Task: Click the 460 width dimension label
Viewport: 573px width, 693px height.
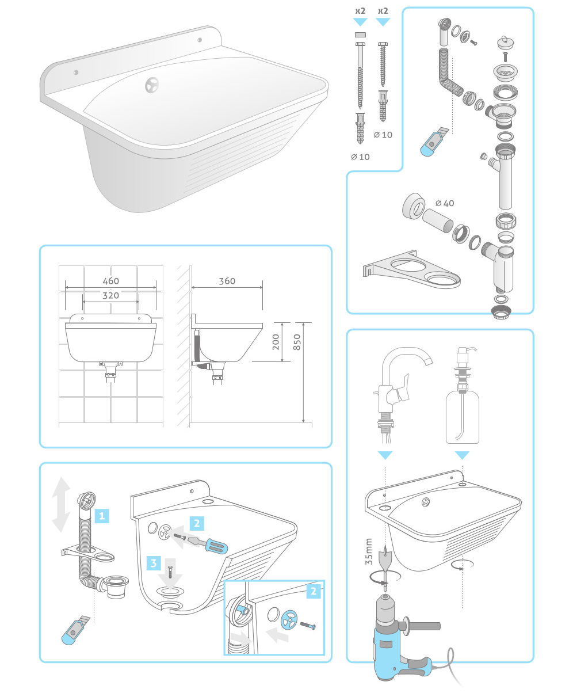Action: pos(110,281)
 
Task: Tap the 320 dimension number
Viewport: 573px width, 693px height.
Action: pos(110,295)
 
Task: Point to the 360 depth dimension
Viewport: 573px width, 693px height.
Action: pos(227,281)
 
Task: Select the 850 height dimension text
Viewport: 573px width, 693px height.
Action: pos(297,342)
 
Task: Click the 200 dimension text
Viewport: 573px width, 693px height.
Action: pos(276,342)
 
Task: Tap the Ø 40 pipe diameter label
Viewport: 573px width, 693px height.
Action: pos(445,203)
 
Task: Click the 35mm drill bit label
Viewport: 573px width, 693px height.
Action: pos(369,551)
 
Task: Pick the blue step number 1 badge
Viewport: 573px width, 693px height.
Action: pos(102,516)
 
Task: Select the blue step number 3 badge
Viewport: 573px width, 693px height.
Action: pos(154,563)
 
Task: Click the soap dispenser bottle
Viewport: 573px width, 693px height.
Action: pos(462,417)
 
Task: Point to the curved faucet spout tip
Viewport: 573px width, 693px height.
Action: pos(429,361)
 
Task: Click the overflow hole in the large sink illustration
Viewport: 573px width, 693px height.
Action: pos(152,85)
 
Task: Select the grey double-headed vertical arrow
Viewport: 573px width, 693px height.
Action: pos(61,504)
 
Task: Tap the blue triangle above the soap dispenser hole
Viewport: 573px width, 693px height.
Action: pos(462,455)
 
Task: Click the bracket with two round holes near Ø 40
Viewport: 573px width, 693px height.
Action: pos(411,269)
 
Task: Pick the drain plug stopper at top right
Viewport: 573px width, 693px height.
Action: pos(506,42)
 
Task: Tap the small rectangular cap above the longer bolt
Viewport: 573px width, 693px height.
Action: pos(360,35)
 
